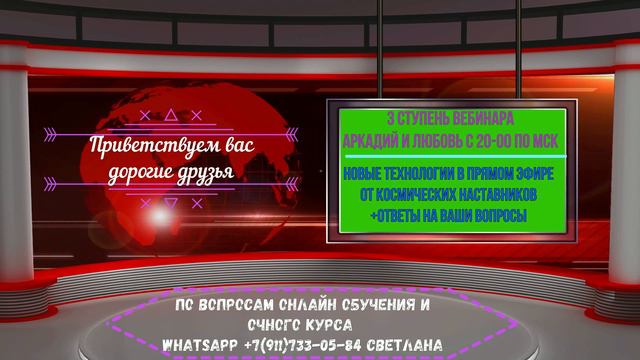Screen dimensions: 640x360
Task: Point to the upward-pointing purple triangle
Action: [171, 115]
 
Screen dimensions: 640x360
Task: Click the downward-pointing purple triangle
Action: [171, 203]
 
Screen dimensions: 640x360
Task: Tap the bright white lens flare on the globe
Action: [160, 215]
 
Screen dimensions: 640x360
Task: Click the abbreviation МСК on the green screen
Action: [546, 141]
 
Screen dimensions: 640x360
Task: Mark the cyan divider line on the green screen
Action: [456, 156]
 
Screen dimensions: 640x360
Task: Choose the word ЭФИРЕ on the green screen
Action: [535, 174]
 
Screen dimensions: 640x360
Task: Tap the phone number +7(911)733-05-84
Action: [302, 345]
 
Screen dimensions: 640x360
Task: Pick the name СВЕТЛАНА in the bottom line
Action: [405, 345]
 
